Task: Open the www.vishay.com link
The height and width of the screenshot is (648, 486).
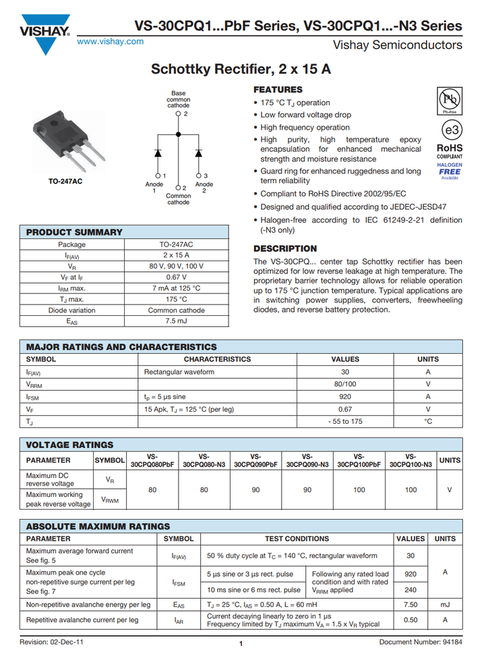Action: [x=111, y=41]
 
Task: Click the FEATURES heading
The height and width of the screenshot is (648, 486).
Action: [x=278, y=90]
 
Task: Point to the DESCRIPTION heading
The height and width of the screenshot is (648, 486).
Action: [x=285, y=248]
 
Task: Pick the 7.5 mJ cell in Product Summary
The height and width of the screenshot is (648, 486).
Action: [x=176, y=321]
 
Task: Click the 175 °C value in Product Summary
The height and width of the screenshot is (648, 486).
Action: [x=176, y=299]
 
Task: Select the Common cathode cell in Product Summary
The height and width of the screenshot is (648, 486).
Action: [x=176, y=310]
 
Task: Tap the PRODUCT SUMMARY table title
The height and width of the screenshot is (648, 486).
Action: [x=74, y=232]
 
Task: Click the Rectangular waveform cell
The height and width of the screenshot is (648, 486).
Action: [x=179, y=372]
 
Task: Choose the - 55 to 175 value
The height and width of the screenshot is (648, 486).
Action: [x=345, y=421]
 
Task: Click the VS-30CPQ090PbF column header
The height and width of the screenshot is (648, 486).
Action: [x=255, y=460]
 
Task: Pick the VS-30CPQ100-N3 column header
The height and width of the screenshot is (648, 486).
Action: [x=411, y=460]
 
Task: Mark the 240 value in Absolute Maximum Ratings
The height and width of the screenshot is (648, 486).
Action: [x=410, y=589]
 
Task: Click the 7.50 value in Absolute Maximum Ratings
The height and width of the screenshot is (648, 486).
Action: [x=410, y=605]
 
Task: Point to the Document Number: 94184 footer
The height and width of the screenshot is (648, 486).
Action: [x=421, y=641]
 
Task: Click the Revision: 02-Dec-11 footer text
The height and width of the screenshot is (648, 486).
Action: [x=52, y=641]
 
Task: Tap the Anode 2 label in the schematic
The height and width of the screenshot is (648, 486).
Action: [x=204, y=187]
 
